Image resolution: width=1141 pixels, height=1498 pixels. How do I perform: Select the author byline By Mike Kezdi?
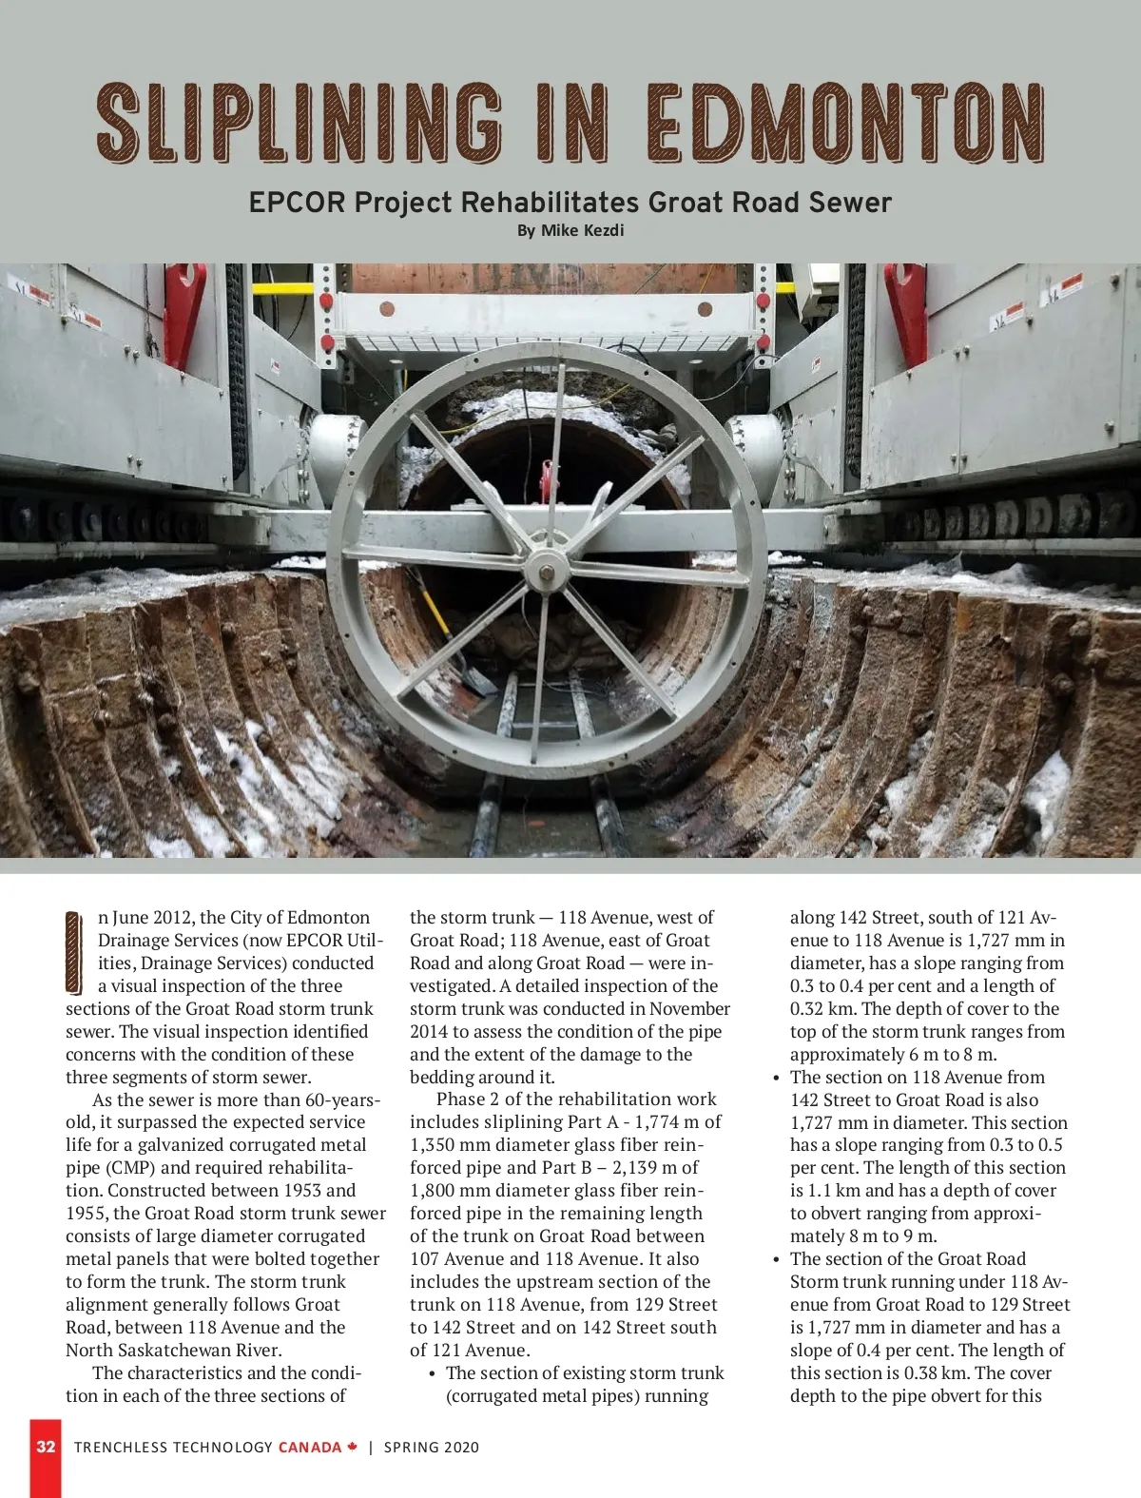tap(570, 231)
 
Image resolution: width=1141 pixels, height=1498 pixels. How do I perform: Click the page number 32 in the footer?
tap(46, 1447)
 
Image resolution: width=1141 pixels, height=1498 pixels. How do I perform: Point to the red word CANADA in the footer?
tap(309, 1448)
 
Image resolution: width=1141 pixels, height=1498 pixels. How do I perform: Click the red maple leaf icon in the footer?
tap(353, 1447)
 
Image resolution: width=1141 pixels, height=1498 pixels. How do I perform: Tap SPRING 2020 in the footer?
tap(432, 1448)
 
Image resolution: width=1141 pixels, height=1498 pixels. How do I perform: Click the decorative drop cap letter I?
tap(74, 952)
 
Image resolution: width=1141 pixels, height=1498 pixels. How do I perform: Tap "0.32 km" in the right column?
tap(820, 1009)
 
